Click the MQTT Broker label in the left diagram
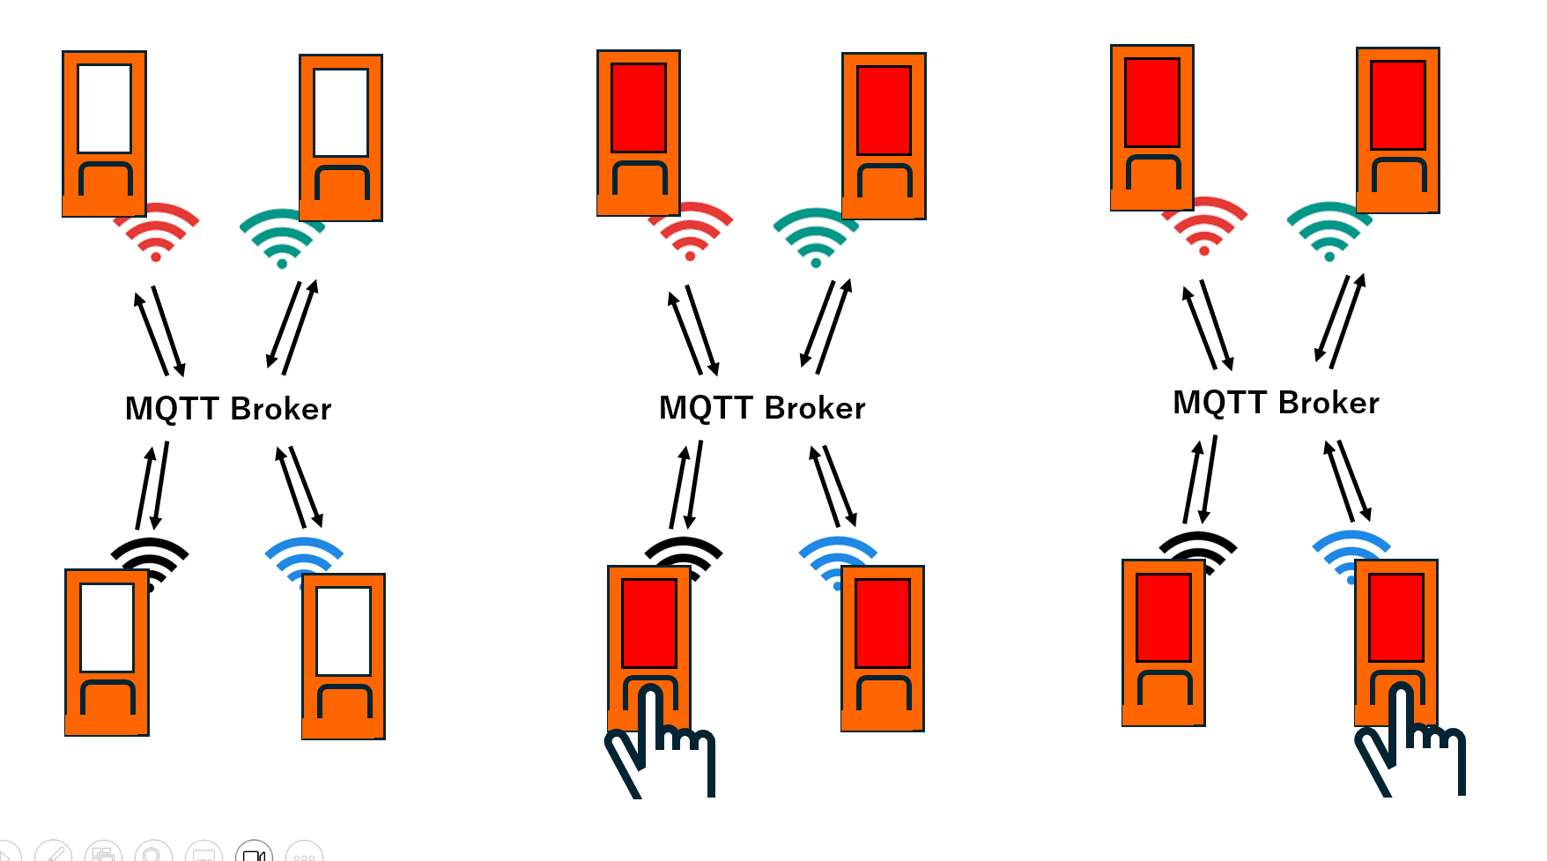[x=228, y=409]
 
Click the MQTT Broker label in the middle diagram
[x=762, y=408]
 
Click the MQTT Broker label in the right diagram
[x=1276, y=403]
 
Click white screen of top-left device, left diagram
[x=104, y=108]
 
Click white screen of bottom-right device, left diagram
[x=344, y=631]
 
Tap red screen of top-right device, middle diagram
[x=884, y=110]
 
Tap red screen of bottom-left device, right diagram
[x=1163, y=617]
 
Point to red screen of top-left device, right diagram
[x=1151, y=102]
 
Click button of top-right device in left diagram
[x=341, y=186]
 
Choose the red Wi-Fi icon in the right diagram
[x=1204, y=226]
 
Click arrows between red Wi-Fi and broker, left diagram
[x=159, y=331]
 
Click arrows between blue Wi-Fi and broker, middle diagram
[x=833, y=486]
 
